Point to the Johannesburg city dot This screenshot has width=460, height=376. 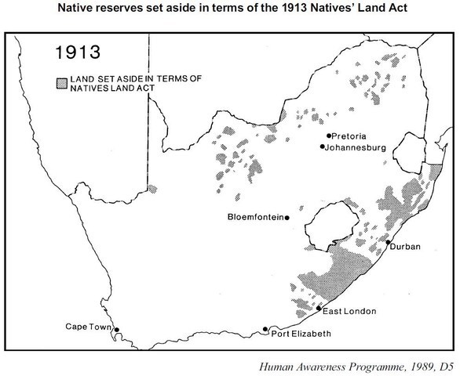pos(323,146)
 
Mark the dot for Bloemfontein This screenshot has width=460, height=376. pos(288,217)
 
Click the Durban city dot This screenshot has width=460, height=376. pos(388,243)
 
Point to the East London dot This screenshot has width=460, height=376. pos(318,309)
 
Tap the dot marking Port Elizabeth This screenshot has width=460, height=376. pos(266,329)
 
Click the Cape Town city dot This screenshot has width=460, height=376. pos(116,330)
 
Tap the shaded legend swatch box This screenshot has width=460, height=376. pos(60,81)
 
